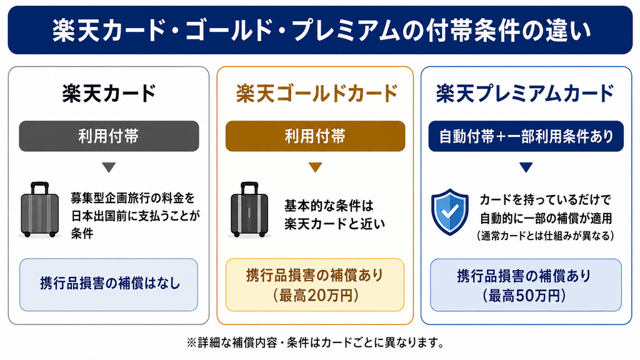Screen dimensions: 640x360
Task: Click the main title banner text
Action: click(x=321, y=31)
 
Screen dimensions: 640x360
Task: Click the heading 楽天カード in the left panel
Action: click(x=109, y=93)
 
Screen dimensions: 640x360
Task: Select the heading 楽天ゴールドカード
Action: click(x=317, y=93)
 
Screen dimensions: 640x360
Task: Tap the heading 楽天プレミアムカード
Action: click(x=525, y=93)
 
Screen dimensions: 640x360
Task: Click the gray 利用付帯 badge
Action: click(x=109, y=136)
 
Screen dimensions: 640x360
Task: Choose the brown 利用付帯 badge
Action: click(x=315, y=136)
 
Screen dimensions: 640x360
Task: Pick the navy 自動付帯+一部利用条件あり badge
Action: click(x=526, y=136)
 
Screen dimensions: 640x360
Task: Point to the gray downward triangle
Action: click(x=109, y=167)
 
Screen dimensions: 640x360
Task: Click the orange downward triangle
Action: click(x=315, y=167)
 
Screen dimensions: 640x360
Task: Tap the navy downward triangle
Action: click(x=526, y=167)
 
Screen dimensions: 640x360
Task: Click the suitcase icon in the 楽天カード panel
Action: click(x=39, y=210)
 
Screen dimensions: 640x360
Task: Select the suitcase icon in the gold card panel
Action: click(x=249, y=210)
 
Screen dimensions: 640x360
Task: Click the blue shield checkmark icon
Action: click(x=450, y=212)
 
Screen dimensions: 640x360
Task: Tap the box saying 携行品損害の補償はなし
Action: click(x=109, y=284)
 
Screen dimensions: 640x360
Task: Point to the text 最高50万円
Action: click(x=526, y=296)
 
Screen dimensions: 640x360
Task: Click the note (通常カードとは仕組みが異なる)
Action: click(x=545, y=236)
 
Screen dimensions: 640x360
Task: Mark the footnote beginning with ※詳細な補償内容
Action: click(x=315, y=342)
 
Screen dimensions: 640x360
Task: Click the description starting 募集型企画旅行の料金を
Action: click(x=136, y=216)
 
